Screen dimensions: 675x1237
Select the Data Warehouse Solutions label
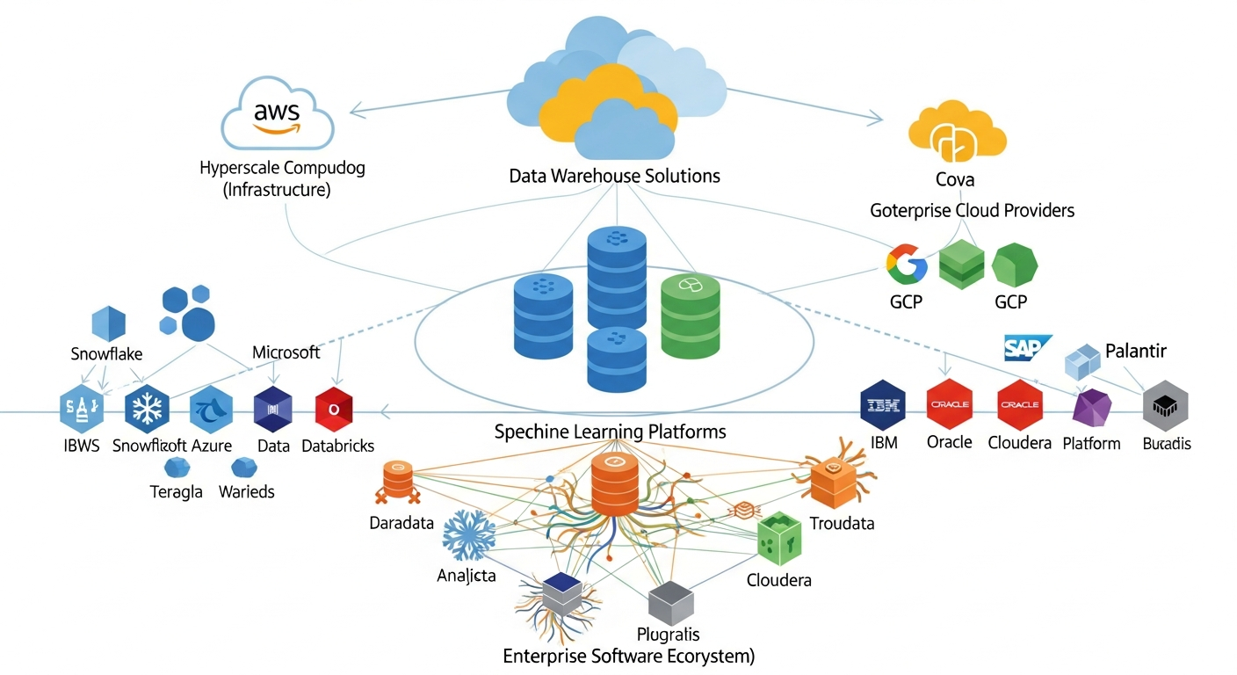614,176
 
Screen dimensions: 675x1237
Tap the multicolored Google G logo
907,265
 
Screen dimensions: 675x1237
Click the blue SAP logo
1027,347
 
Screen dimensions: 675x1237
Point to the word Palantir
1135,352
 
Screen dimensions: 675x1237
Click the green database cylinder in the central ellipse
690,316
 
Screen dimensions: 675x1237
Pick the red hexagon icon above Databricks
334,410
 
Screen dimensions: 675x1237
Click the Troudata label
842,524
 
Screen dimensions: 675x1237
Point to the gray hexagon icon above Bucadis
1165,405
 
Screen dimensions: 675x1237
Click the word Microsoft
286,352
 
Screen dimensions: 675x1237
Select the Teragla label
177,492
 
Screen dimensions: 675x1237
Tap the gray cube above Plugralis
671,602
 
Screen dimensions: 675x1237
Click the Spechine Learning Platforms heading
610,432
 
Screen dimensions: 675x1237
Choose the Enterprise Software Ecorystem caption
628,656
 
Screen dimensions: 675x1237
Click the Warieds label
246,492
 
